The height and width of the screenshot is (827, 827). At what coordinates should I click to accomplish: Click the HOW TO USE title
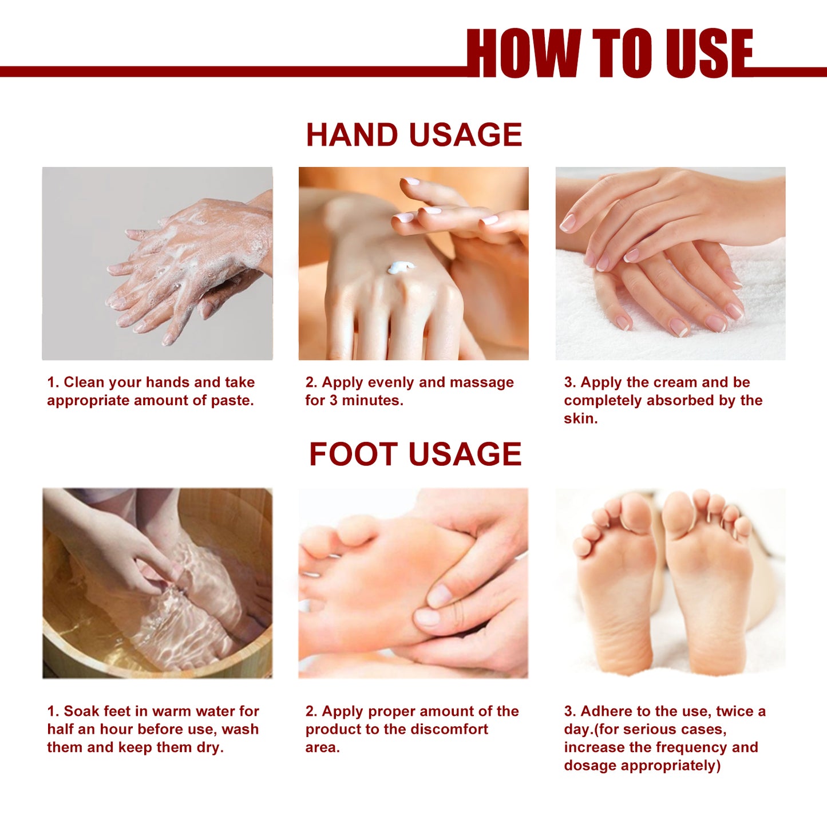610,53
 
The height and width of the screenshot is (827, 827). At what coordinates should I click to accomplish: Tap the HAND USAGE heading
414,135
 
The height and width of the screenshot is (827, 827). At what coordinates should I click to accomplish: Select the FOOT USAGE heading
415,454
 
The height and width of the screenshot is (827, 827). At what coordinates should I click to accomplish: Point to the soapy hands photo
157,263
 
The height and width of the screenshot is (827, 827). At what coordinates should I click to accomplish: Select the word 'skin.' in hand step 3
580,419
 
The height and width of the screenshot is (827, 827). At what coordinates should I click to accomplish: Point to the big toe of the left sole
636,512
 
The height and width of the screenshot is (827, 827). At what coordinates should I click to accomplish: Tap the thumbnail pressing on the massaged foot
439,595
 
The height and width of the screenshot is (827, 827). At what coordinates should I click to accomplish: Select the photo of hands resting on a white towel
670,263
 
